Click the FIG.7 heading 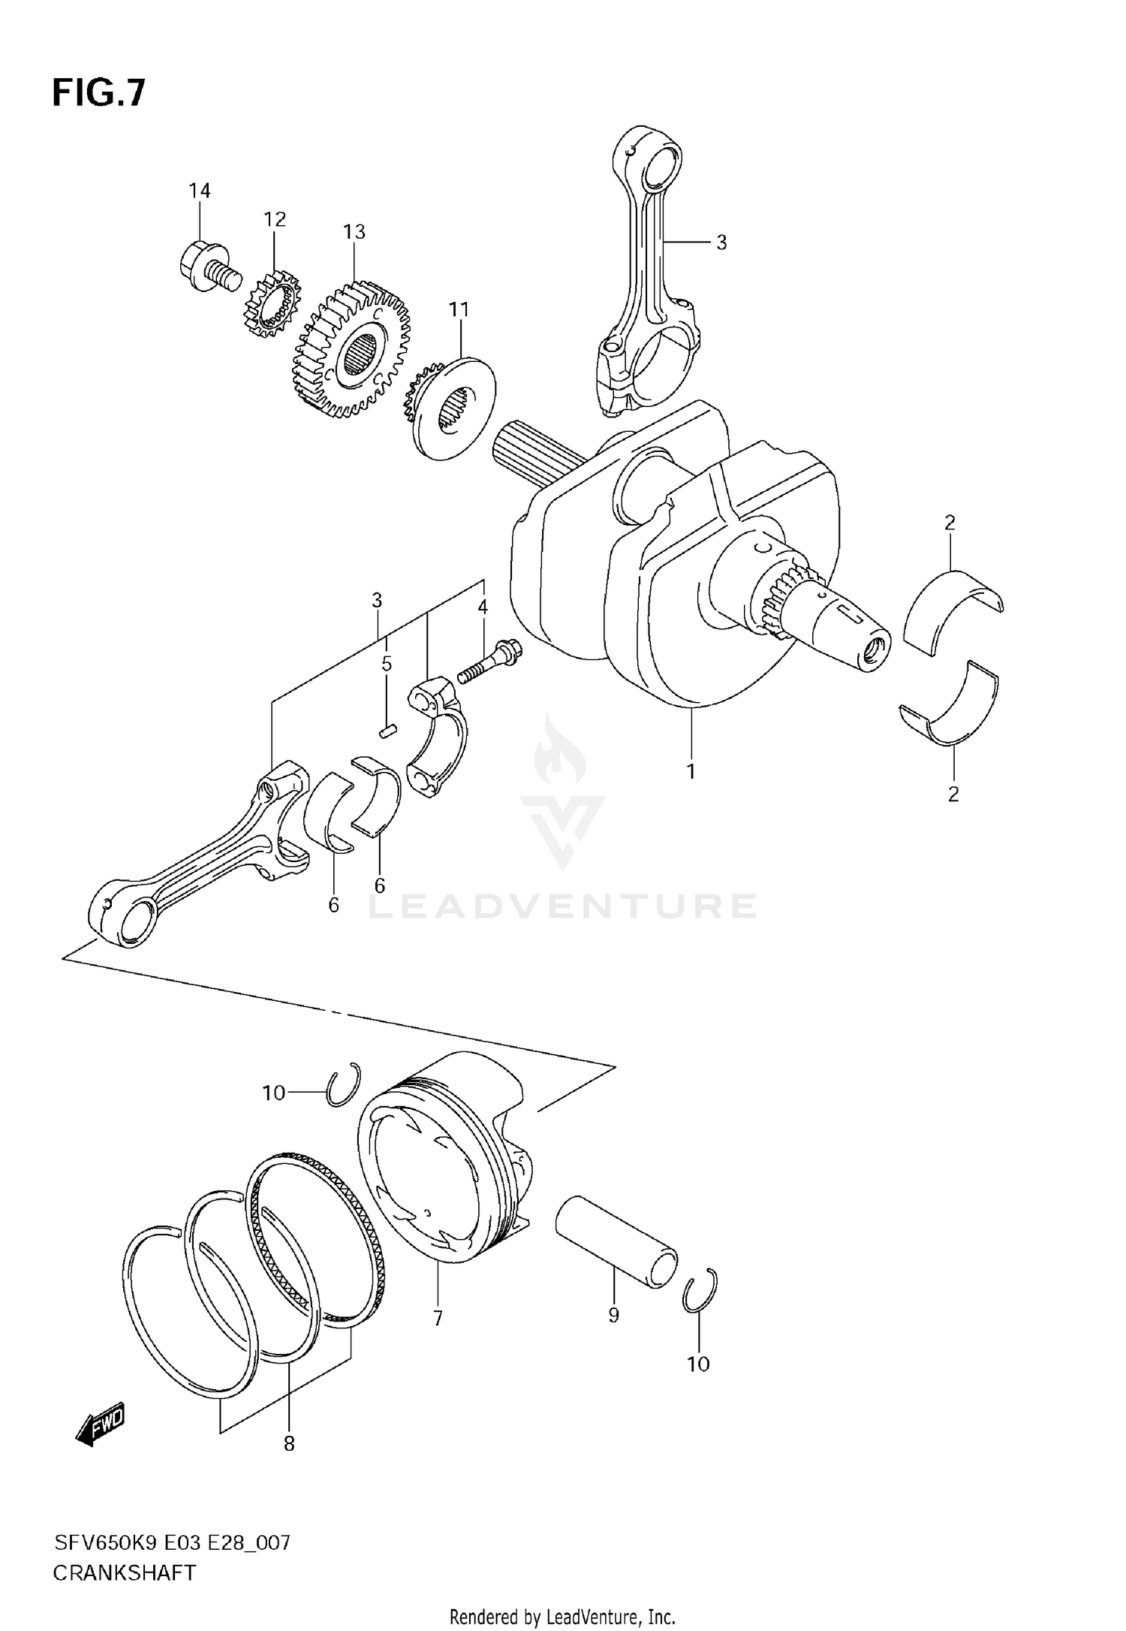(98, 94)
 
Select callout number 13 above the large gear (354, 232)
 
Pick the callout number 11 (459, 309)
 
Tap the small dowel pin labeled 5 (387, 730)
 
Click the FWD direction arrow (100, 1424)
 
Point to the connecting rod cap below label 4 (436, 736)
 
